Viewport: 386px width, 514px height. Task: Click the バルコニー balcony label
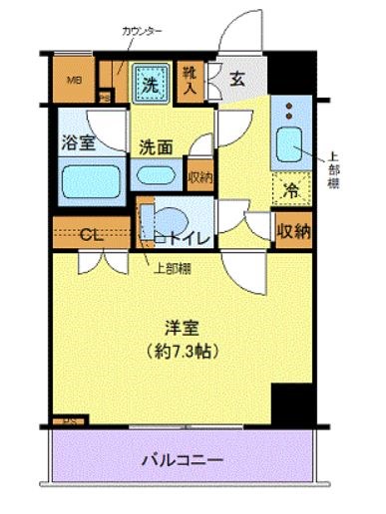click(x=181, y=461)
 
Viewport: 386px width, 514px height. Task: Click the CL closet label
click(x=90, y=236)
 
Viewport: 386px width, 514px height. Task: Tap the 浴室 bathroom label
click(x=79, y=142)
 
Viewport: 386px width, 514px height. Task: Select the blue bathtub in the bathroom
click(x=88, y=181)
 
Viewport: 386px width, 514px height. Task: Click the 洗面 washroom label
click(x=156, y=145)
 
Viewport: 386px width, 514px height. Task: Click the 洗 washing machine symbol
click(x=148, y=86)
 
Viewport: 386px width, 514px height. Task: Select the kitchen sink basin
click(x=290, y=145)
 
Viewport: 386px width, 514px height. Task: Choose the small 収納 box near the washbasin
click(x=198, y=177)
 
